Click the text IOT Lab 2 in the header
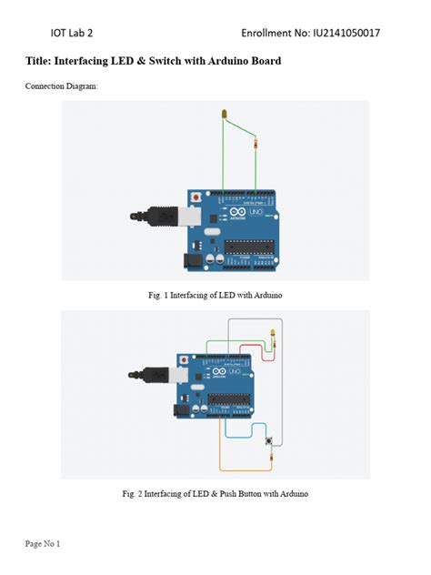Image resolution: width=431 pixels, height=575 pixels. pos(71,33)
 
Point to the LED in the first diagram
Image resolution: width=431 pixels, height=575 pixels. pos(224,114)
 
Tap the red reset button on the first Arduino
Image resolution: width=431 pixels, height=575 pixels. pos(195,197)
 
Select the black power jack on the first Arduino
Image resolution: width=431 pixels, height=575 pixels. pos(192,260)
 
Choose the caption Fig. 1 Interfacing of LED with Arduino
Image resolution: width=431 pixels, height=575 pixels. pos(215,296)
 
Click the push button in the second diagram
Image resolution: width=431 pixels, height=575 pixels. pos(268,441)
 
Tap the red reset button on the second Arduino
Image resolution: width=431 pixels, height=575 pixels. pos(185,359)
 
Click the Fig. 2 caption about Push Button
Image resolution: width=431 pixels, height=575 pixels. pos(215,494)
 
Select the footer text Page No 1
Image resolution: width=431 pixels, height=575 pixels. pos(43,544)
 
